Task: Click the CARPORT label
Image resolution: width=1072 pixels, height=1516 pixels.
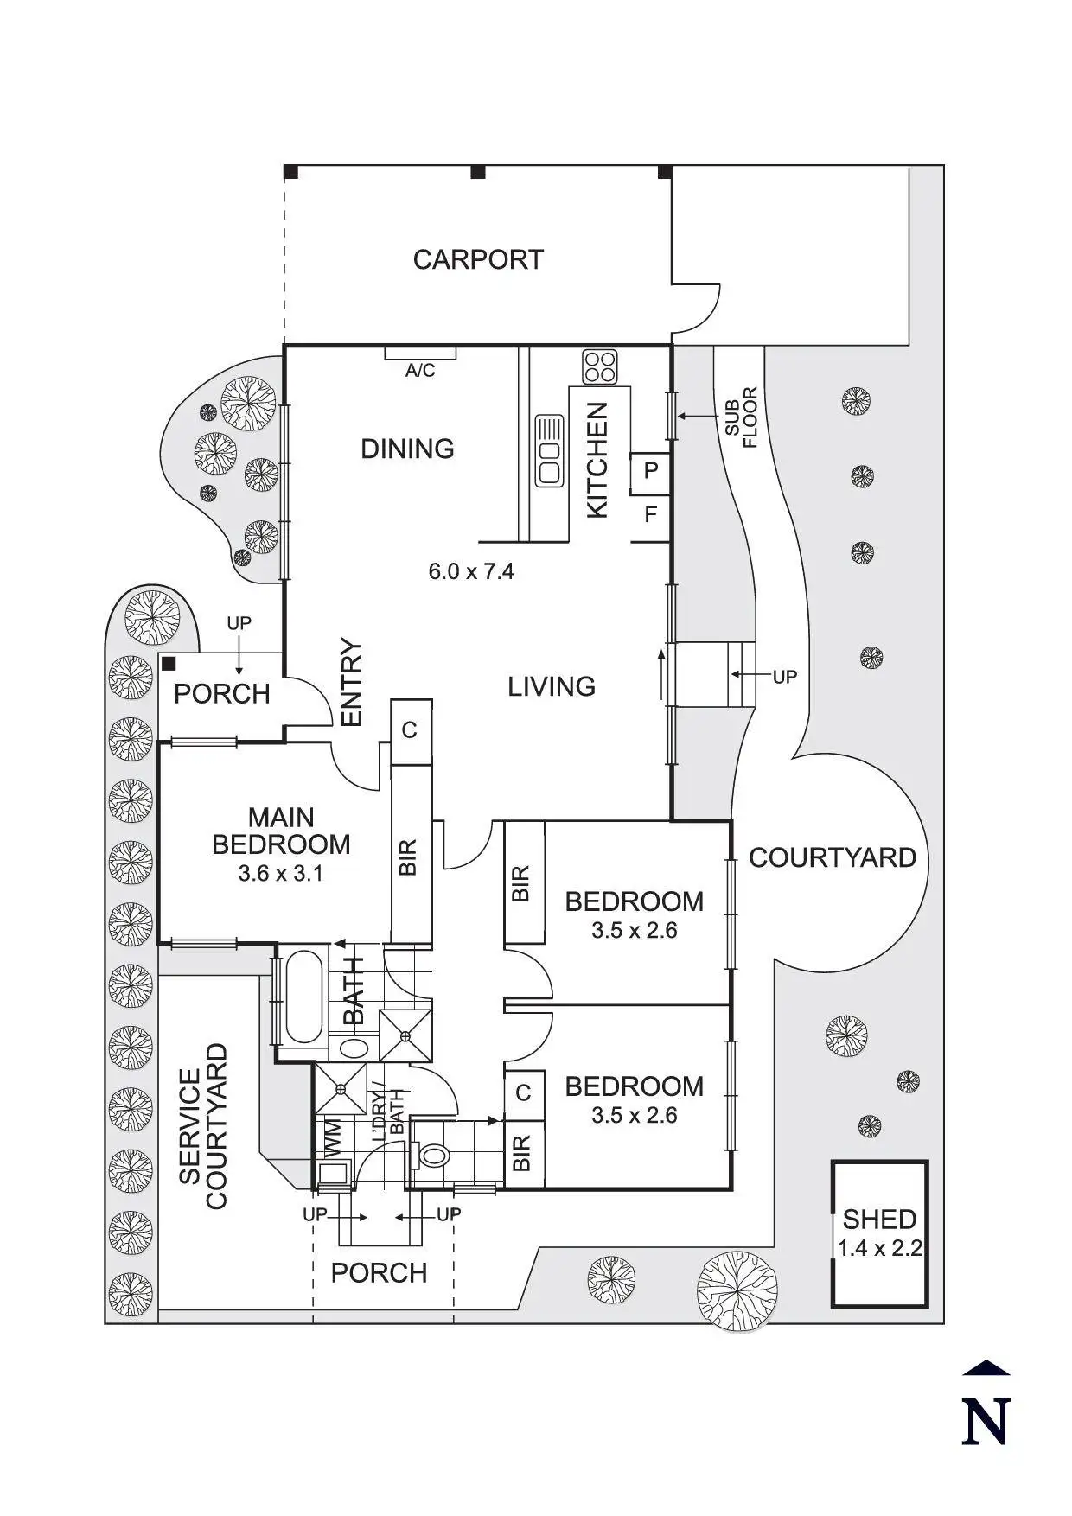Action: (x=477, y=259)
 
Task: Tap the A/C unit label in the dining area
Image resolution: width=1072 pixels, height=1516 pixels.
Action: (x=420, y=371)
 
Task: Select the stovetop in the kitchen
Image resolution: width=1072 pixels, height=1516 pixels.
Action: (x=599, y=366)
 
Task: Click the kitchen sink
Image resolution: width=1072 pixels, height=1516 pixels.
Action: (x=549, y=449)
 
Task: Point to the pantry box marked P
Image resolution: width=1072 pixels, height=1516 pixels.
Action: (x=650, y=471)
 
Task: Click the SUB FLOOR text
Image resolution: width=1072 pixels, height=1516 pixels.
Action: (x=741, y=417)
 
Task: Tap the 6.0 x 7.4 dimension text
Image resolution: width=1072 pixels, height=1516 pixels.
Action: (x=471, y=571)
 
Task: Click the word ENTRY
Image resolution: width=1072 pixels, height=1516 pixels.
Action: (x=351, y=683)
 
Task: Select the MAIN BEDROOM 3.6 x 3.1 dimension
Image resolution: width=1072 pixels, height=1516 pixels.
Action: (x=281, y=874)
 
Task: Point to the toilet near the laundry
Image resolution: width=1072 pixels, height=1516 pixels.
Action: (x=432, y=1154)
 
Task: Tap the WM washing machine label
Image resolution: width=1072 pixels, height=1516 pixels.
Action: (x=333, y=1137)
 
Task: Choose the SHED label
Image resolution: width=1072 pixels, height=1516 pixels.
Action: (x=879, y=1219)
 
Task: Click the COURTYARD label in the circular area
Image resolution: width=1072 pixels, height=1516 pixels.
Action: (x=832, y=858)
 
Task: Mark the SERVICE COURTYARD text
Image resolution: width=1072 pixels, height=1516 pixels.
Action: (x=203, y=1126)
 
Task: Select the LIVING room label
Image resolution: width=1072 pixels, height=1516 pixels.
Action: (x=551, y=687)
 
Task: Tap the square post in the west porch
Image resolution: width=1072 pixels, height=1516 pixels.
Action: (x=169, y=664)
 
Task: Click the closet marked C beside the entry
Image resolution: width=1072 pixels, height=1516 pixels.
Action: (x=410, y=730)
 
